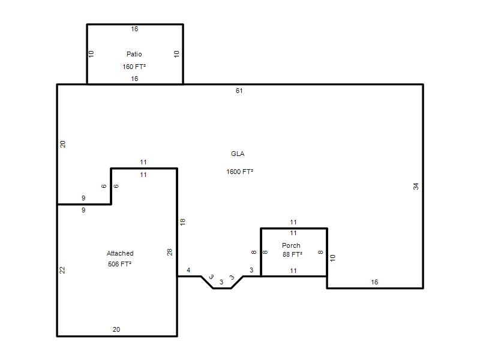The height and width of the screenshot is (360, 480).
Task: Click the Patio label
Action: tap(134, 54)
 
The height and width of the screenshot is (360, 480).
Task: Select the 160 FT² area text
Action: tap(134, 67)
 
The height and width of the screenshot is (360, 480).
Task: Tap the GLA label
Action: tap(238, 154)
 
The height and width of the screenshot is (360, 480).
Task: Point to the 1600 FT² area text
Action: tap(239, 172)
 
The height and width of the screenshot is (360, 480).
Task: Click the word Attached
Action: tap(120, 253)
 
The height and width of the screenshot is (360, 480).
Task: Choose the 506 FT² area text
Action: tap(119, 264)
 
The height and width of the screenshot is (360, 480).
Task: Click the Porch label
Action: tap(291, 245)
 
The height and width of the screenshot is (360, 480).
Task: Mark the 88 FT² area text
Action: tap(292, 254)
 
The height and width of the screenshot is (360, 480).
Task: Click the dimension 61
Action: tap(239, 91)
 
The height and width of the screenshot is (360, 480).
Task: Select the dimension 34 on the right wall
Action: tap(416, 186)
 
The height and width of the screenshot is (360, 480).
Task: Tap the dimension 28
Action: tap(170, 252)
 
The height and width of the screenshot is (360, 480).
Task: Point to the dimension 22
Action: tap(62, 270)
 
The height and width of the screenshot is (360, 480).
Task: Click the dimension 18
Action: tap(182, 222)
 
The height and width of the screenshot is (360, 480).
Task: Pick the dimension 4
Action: tap(188, 270)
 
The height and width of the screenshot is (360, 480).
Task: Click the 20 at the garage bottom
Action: tap(116, 329)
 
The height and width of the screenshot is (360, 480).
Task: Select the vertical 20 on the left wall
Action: tap(62, 144)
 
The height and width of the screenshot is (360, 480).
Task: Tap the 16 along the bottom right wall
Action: tap(374, 282)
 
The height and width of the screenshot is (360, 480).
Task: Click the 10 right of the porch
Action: tap(333, 258)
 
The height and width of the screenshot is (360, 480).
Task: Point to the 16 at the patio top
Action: tap(134, 29)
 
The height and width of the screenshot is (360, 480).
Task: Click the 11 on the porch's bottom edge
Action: tap(293, 271)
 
